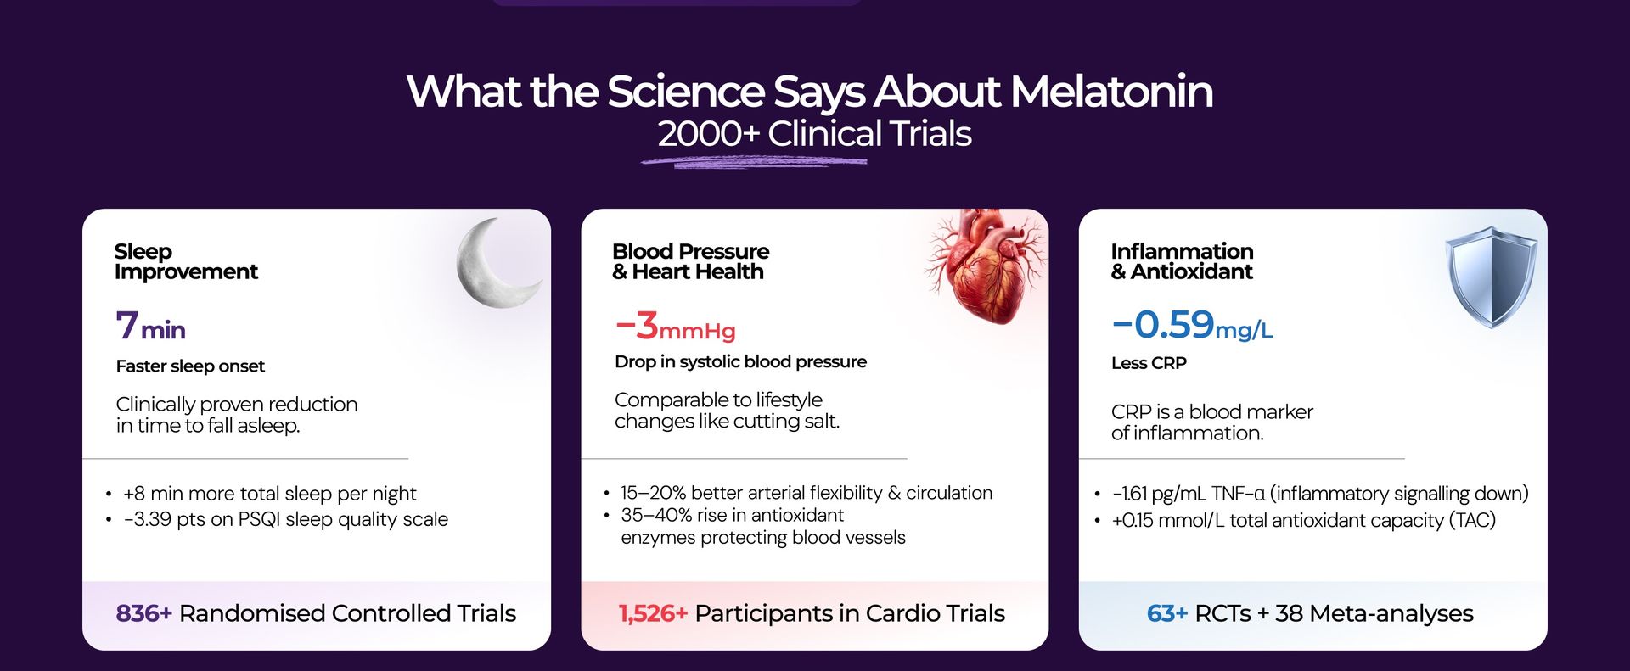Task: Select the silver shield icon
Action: pyautogui.click(x=1491, y=277)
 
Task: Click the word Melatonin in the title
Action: pyautogui.click(x=1111, y=92)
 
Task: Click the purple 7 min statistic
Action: pyautogui.click(x=150, y=325)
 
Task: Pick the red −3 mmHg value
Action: pyautogui.click(x=675, y=326)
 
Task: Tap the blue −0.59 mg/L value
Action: pyautogui.click(x=1192, y=324)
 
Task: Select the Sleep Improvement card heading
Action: pyautogui.click(x=186, y=261)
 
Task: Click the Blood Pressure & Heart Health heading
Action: pyautogui.click(x=690, y=261)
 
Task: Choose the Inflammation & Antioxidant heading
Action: pyautogui.click(x=1182, y=261)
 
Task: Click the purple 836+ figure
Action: pyautogui.click(x=143, y=613)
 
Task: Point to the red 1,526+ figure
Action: pyautogui.click(x=653, y=613)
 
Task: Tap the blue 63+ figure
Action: pyautogui.click(x=1166, y=613)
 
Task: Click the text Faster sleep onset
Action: pyautogui.click(x=190, y=366)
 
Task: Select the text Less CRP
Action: pyautogui.click(x=1149, y=363)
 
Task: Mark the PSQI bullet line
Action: pyautogui.click(x=278, y=519)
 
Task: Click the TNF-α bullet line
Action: pyautogui.click(x=1312, y=494)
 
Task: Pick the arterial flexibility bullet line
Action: pyautogui.click(x=798, y=493)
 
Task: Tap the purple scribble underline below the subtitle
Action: pyautogui.click(x=754, y=160)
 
